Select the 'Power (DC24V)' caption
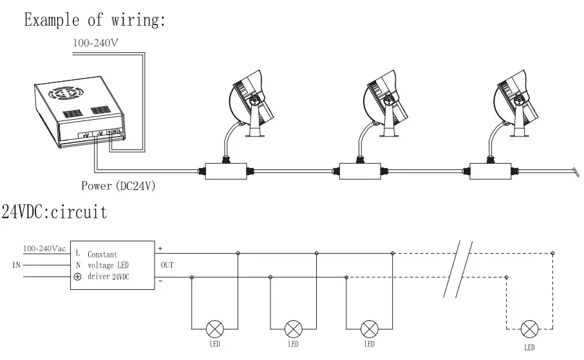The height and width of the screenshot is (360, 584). (118, 186)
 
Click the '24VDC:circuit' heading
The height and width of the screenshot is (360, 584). (55, 212)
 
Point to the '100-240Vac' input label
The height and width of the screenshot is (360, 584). (43, 249)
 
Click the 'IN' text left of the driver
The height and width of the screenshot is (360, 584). (17, 264)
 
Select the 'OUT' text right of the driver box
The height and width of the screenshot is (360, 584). (165, 264)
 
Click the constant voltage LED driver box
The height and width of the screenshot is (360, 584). (111, 265)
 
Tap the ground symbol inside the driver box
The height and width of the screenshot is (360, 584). (78, 277)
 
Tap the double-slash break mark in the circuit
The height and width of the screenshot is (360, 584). (458, 269)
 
